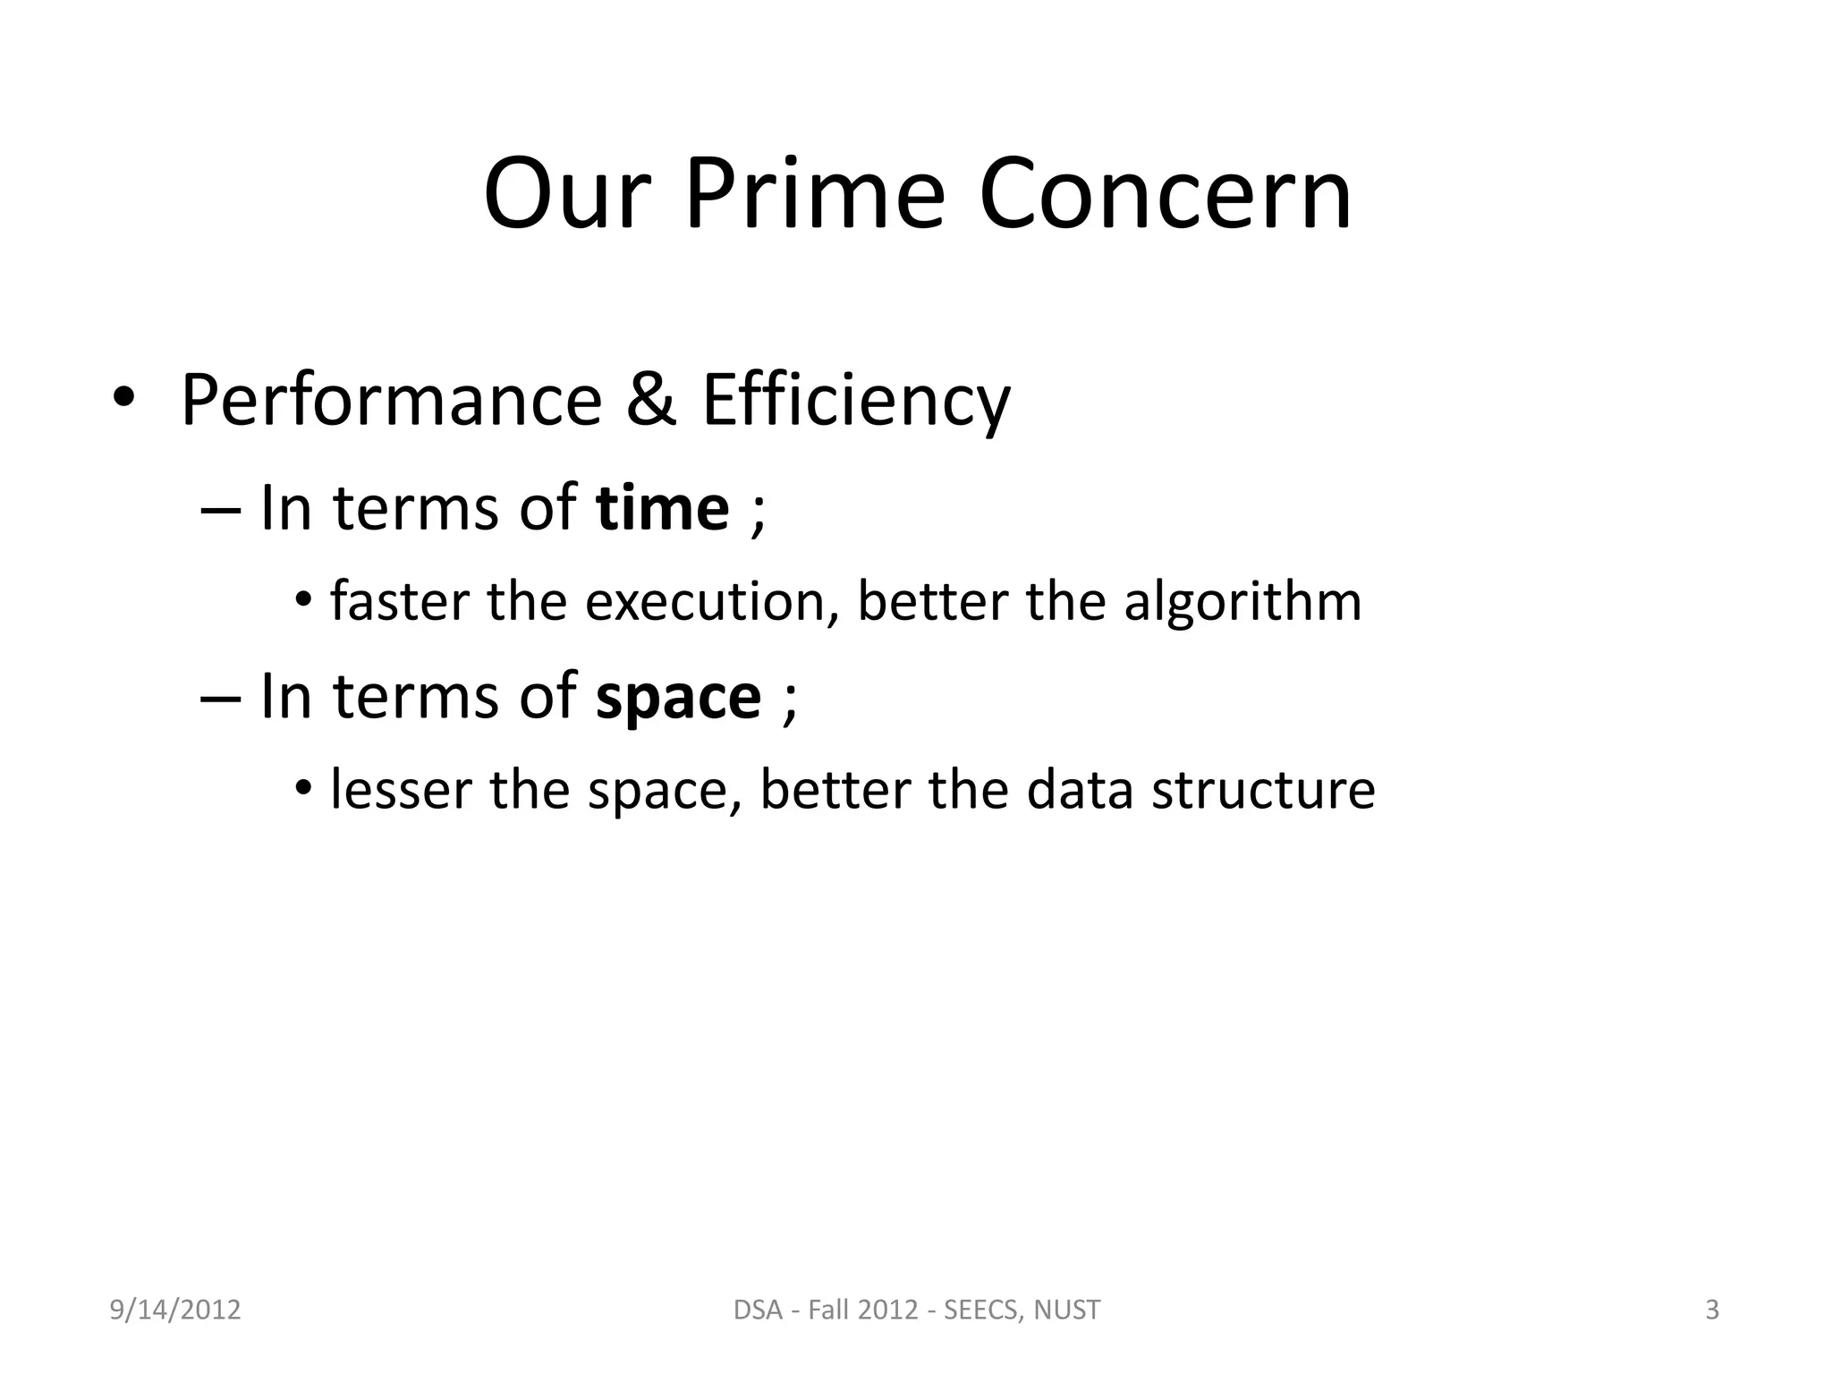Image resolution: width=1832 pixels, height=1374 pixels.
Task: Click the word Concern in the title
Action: pos(1165,194)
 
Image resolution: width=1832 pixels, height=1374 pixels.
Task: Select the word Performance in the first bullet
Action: pos(392,400)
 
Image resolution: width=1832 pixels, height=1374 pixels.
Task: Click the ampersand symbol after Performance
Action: pos(651,400)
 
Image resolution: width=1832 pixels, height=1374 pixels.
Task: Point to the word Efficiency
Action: pos(856,400)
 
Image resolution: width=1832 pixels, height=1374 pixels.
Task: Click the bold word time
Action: pos(662,508)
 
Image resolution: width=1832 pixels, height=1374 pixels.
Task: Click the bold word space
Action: pos(678,698)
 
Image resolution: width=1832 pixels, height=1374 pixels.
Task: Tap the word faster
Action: pos(399,601)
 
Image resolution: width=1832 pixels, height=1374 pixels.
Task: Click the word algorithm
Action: pos(1243,601)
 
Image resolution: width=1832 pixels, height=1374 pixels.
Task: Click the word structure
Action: pos(1263,790)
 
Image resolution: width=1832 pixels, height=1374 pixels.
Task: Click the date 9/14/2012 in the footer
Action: pos(175,1310)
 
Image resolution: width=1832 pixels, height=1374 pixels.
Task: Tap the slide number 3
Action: pos(1712,1310)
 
